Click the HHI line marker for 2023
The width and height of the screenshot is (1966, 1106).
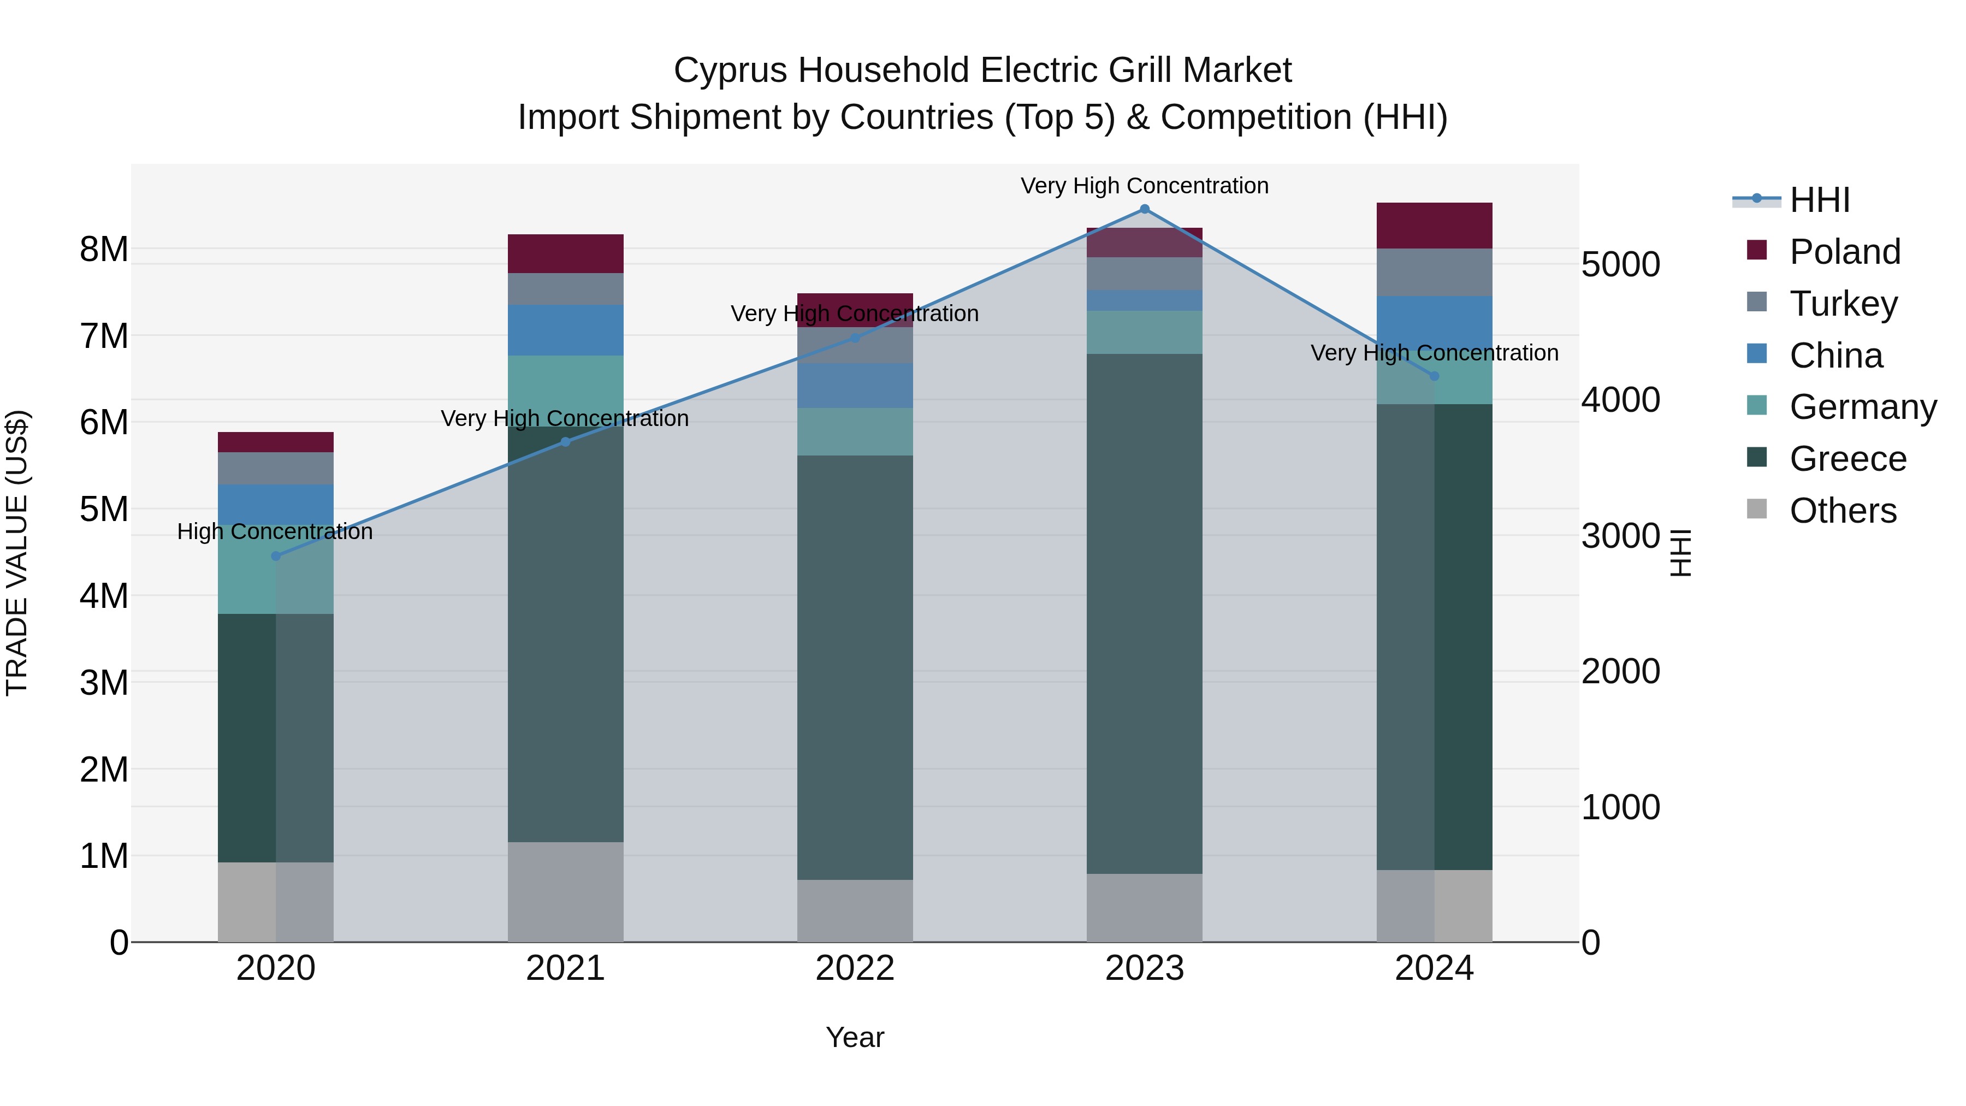pyautogui.click(x=1144, y=209)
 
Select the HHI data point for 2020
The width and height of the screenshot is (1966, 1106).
pyautogui.click(x=276, y=555)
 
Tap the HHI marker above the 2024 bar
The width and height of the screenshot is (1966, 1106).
pyautogui.click(x=1434, y=376)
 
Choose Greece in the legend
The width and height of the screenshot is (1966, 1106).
pyautogui.click(x=1847, y=459)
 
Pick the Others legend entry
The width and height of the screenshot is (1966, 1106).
pyautogui.click(x=1843, y=511)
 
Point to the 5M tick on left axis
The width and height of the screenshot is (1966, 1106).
pyautogui.click(x=104, y=509)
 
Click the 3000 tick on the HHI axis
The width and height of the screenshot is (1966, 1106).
pyautogui.click(x=1620, y=536)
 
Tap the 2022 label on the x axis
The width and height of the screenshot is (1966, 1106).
pyautogui.click(x=855, y=968)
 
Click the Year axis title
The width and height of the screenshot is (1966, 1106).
pyautogui.click(x=855, y=1037)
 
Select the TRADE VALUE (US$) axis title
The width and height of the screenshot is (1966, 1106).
pyautogui.click(x=17, y=553)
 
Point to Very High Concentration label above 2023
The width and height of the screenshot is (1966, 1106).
pyautogui.click(x=1144, y=186)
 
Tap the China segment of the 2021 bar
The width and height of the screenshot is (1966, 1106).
pyautogui.click(x=566, y=330)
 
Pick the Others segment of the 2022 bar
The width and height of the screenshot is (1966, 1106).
pyautogui.click(x=855, y=910)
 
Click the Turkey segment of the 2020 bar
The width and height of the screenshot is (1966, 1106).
pyautogui.click(x=276, y=468)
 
